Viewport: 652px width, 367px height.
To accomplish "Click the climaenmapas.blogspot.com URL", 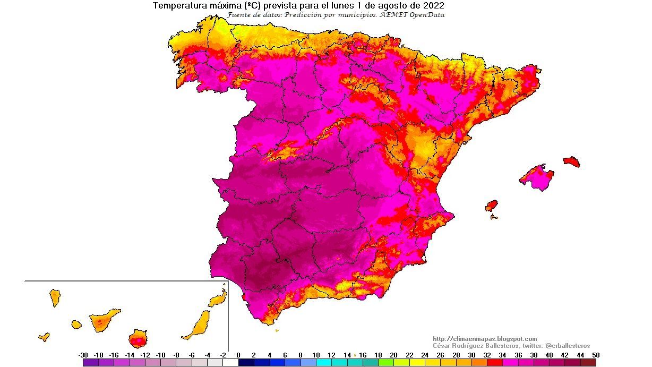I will pyautogui.click(x=485, y=339).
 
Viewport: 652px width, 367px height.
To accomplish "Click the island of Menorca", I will pyautogui.click(x=571, y=161).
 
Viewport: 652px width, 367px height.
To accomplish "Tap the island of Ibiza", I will pyautogui.click(x=492, y=206).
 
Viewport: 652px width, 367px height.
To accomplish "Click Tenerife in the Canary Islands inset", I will pyautogui.click(x=104, y=320).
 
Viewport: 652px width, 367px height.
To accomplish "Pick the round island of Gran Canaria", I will pyautogui.click(x=138, y=338).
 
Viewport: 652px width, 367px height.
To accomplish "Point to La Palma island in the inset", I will pyautogui.click(x=55, y=297).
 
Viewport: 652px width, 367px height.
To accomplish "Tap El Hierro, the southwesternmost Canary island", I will pyautogui.click(x=44, y=337).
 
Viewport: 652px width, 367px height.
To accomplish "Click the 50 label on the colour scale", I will pyautogui.click(x=596, y=355).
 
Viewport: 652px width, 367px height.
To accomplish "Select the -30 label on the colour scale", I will pyautogui.click(x=83, y=355).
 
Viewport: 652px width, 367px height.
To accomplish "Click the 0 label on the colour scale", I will pyautogui.click(x=238, y=355).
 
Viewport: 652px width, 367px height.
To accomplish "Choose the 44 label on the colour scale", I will pyautogui.click(x=580, y=355).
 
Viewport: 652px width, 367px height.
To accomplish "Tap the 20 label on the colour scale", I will pyautogui.click(x=393, y=355).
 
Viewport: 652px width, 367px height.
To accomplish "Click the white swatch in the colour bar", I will pyautogui.click(x=230, y=363).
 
